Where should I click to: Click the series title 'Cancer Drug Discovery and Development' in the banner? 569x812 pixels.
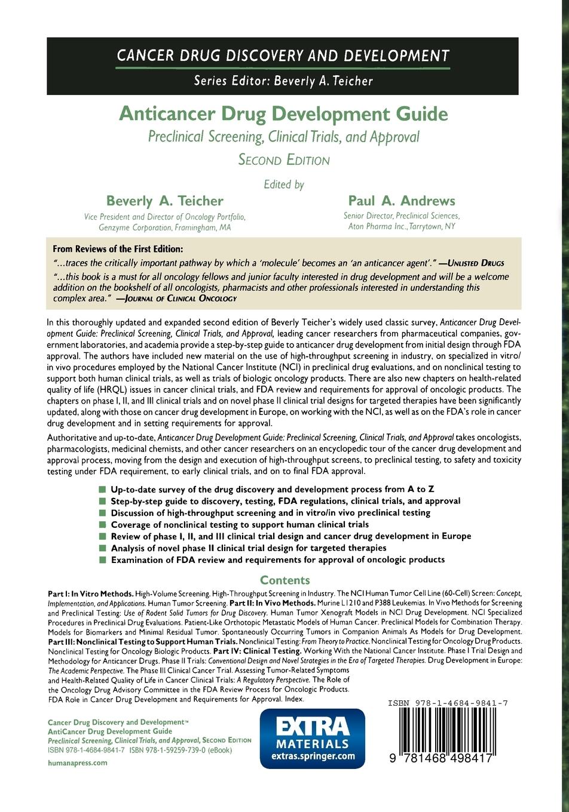click(x=283, y=56)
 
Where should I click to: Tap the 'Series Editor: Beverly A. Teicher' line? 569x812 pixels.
click(x=283, y=81)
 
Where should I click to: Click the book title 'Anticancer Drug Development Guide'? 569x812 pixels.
click(x=283, y=113)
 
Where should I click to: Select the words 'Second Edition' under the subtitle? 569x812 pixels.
click(x=283, y=160)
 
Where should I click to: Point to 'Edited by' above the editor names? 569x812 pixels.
click(x=284, y=184)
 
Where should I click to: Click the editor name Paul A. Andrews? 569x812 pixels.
click(x=401, y=201)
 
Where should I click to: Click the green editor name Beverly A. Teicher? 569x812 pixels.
click(x=164, y=201)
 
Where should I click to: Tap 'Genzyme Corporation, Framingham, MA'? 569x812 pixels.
click(x=164, y=227)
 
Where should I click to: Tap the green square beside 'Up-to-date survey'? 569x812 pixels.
click(x=102, y=490)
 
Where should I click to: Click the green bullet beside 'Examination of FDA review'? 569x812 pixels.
click(x=102, y=560)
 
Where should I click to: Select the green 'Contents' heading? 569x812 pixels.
click(x=285, y=580)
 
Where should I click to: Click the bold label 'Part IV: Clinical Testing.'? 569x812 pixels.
click(x=270, y=650)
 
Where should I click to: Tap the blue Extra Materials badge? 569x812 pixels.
click(x=312, y=738)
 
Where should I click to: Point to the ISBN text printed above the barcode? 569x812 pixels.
click(x=447, y=703)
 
